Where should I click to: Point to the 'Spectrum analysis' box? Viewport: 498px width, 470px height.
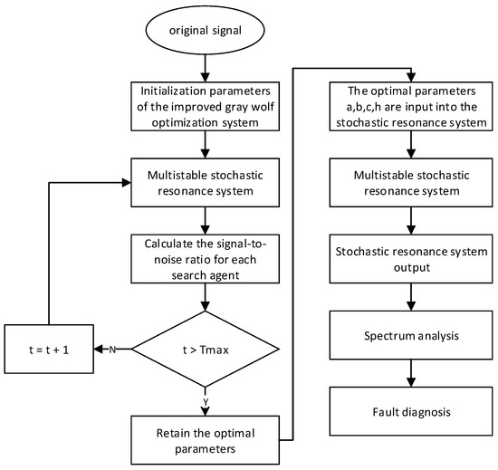414,335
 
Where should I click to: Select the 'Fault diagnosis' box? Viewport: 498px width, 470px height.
414,413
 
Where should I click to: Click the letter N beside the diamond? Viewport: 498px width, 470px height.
111,348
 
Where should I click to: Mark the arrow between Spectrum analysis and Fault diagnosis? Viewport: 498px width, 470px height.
414,374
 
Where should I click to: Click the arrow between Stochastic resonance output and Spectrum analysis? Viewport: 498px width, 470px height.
414,296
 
